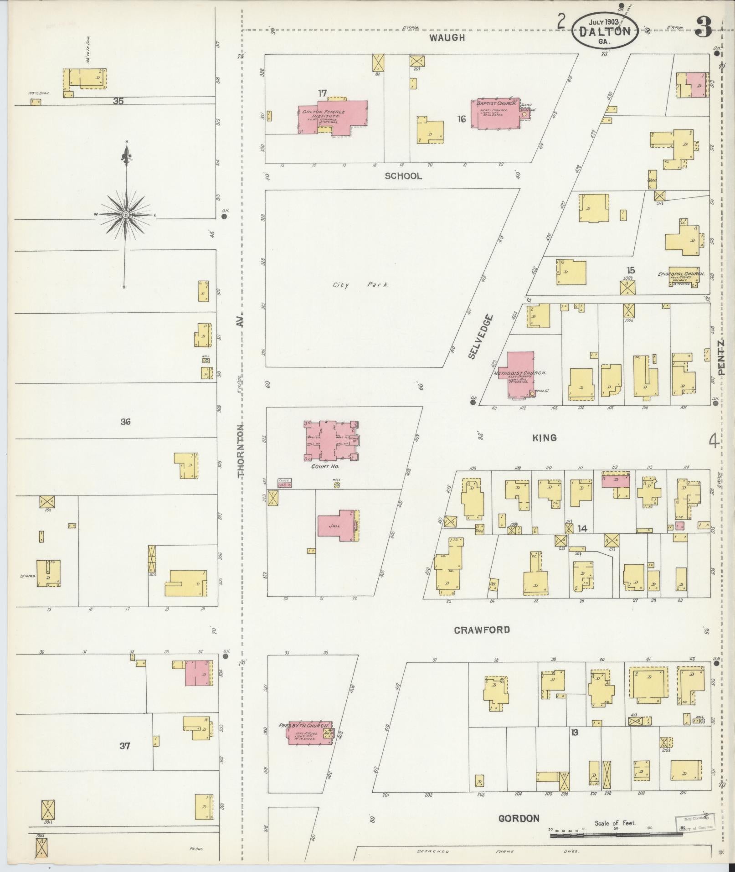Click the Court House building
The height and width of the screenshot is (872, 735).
point(332,441)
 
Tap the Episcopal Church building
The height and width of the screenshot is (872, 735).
point(683,278)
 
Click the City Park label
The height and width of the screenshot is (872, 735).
point(360,285)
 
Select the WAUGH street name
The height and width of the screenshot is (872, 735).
point(447,38)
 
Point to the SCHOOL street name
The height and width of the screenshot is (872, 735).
point(403,176)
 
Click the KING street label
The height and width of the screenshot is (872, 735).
point(545,438)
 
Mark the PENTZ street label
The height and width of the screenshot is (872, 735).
point(721,357)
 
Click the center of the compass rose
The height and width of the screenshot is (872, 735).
point(125,214)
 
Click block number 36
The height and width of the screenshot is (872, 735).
point(125,422)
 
